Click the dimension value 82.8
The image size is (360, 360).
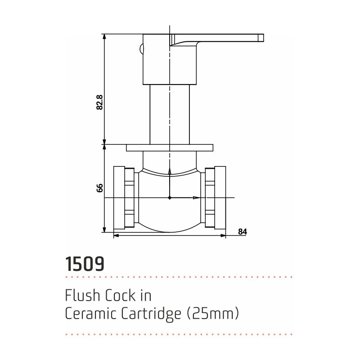pos(100,103)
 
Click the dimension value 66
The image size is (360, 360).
pos(100,188)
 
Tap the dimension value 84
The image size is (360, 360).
pos(243,232)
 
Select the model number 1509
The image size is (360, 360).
pos(85,264)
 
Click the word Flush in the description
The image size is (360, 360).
pos(81,296)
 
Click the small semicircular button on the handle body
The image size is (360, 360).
pos(141,49)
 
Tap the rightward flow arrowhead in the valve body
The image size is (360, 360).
pos(197,198)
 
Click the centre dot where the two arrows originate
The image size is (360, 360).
pos(169,198)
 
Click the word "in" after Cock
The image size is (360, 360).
pos(146,296)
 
